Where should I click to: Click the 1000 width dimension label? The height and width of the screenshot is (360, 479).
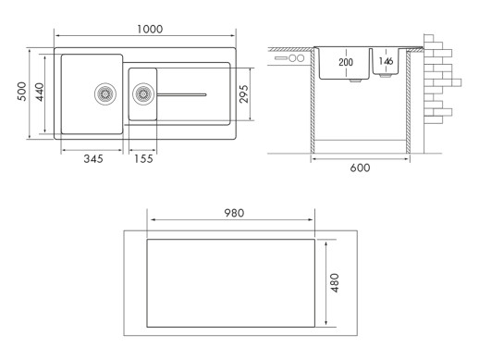(150, 29)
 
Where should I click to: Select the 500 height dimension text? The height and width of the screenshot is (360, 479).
(21, 92)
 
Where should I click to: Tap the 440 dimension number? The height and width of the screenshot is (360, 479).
(40, 92)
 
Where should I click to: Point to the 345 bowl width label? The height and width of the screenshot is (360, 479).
(93, 159)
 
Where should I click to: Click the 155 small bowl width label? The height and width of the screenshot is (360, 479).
(143, 159)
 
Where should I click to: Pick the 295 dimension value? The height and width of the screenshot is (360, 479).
(243, 94)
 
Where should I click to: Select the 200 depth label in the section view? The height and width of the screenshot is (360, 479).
(346, 62)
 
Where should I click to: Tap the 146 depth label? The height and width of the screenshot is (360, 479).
(386, 61)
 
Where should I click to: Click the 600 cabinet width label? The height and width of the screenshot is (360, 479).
(360, 168)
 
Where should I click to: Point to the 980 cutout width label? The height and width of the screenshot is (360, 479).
(234, 213)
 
